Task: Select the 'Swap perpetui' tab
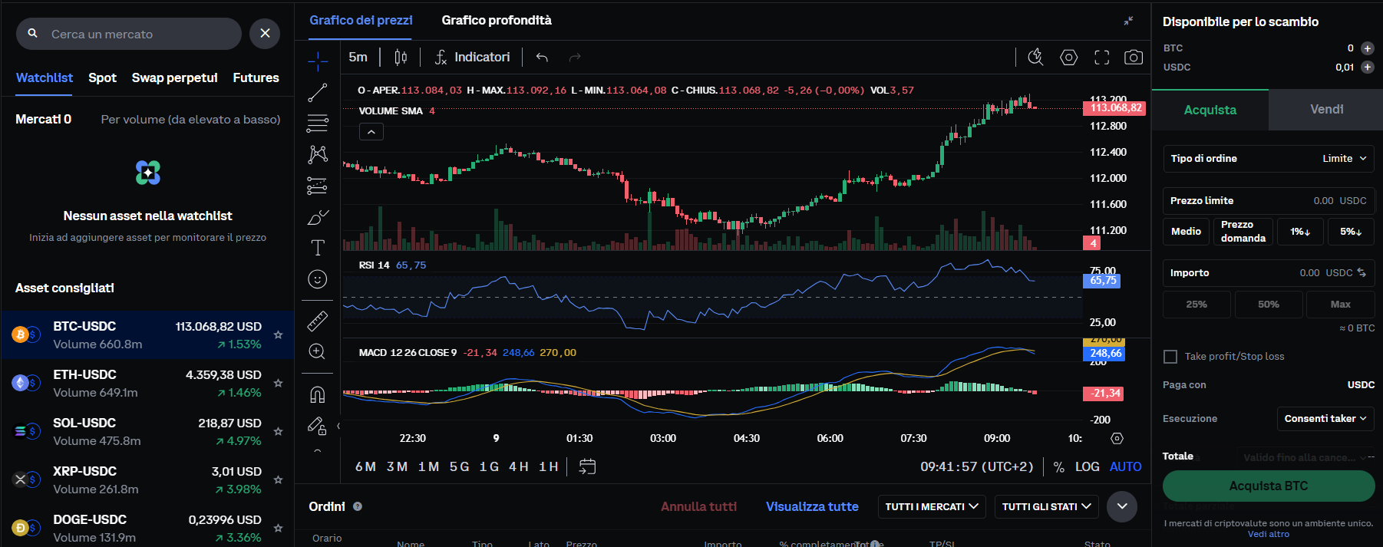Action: tap(174, 77)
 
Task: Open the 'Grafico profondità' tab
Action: tap(496, 21)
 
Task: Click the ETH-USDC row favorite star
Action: tap(279, 383)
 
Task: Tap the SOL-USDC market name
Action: tap(84, 423)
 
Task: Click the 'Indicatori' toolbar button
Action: tap(473, 58)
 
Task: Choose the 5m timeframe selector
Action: tap(358, 58)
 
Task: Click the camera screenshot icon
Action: tap(1133, 58)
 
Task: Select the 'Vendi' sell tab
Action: tap(1326, 110)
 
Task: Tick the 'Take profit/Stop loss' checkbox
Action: tap(1170, 357)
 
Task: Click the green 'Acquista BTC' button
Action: tap(1268, 486)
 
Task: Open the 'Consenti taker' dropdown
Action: tap(1325, 419)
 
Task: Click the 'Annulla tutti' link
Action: tap(698, 506)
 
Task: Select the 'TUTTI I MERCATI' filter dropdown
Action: tap(931, 507)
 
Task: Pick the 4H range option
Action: tap(519, 466)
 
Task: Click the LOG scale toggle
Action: tap(1087, 466)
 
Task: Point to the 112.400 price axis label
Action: tap(1108, 152)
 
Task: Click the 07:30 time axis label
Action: tap(913, 438)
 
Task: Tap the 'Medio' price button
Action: tap(1186, 232)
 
